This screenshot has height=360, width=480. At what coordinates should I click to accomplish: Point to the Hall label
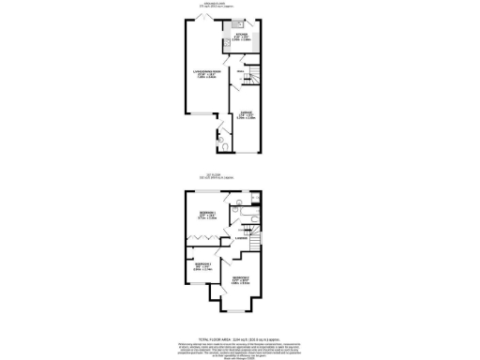point(240,72)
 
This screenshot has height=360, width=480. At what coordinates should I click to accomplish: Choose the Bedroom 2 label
point(240,279)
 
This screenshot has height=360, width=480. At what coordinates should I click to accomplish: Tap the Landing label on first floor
point(241,239)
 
